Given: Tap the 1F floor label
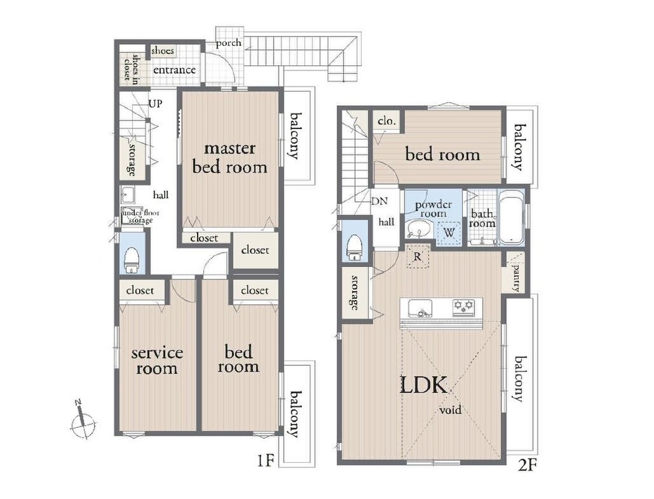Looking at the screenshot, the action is pos(264,462).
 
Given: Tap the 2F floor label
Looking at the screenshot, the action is pos(526,465).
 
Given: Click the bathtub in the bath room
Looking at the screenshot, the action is pos(512,218).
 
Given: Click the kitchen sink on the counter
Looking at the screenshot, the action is pos(420,308).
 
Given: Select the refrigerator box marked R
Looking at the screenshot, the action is pos(418,257).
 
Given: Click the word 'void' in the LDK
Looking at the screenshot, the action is pos(451,410).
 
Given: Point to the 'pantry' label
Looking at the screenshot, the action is pos(516,276).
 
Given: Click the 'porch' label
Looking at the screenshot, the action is pos(229,43).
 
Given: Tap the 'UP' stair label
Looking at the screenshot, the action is pos(156,103).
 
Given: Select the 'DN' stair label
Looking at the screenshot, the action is pos(380,201).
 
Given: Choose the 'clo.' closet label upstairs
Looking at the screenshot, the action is pos(386,121).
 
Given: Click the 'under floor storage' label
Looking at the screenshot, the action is pos(140,216).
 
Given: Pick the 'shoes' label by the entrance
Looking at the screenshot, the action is pos(162,51).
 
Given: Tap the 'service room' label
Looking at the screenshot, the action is pos(157,361).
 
